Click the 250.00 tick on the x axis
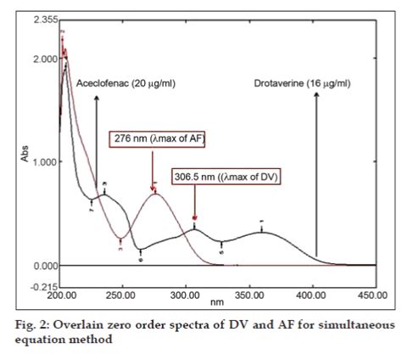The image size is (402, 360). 124,297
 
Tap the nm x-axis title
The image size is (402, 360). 218,303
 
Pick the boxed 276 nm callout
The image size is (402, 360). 158,138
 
